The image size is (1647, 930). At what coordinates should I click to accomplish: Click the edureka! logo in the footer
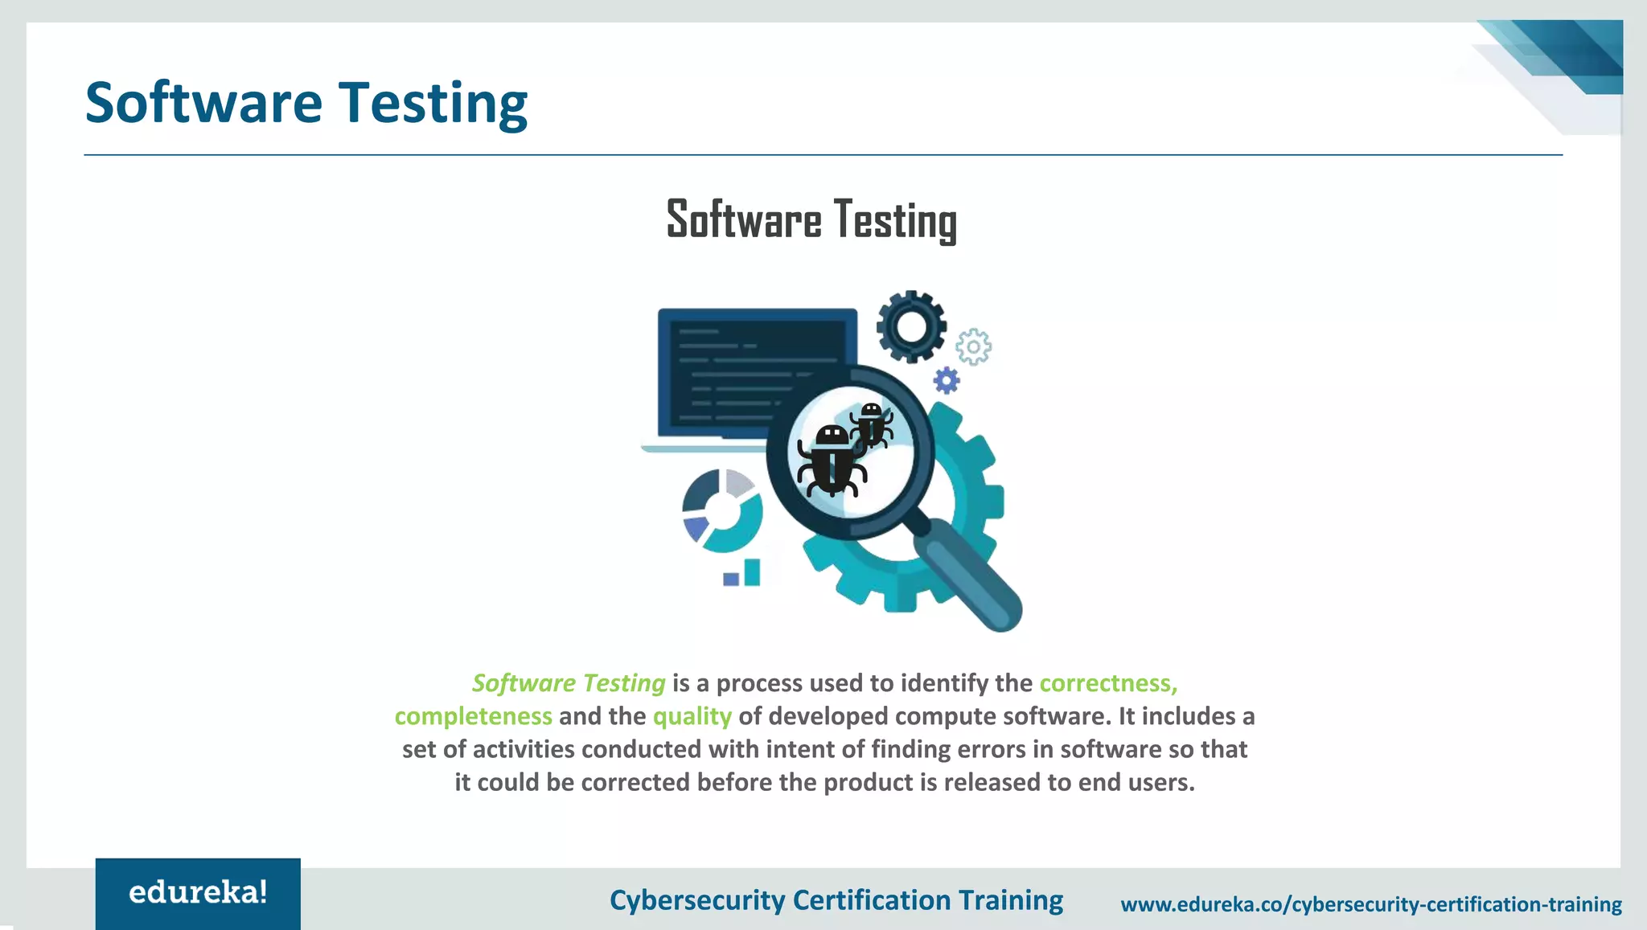198,893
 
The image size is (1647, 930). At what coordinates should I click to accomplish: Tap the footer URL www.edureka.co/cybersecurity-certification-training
1371,904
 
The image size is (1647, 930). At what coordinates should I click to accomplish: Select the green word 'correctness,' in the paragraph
1108,683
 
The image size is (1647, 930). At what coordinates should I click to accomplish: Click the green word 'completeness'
473,716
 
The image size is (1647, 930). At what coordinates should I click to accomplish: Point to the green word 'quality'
692,716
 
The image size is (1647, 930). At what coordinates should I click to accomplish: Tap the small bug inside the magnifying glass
872,424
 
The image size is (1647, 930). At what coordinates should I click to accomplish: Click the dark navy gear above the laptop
911,326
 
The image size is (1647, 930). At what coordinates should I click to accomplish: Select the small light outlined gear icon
973,347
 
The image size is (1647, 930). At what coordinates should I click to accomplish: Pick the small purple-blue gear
947,380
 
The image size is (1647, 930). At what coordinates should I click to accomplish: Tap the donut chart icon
722,510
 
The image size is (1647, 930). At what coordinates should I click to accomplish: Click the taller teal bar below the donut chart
752,572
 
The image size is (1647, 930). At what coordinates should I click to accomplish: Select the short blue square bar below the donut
731,579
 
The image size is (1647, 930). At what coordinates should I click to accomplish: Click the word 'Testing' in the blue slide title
433,104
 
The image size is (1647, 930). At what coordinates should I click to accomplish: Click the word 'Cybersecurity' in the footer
696,900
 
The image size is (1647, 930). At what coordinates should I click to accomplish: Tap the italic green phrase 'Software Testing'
569,683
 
